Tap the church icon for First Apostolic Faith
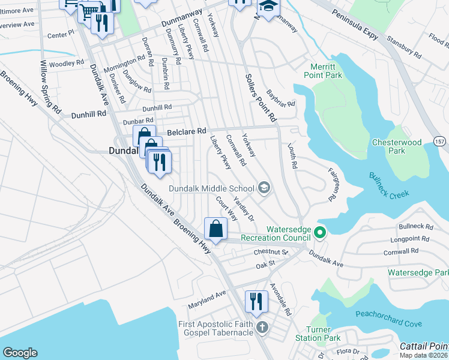coord(261,328)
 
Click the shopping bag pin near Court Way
coord(215,229)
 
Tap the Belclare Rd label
coord(186,131)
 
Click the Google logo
coord(20,353)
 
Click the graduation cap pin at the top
coord(268,7)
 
